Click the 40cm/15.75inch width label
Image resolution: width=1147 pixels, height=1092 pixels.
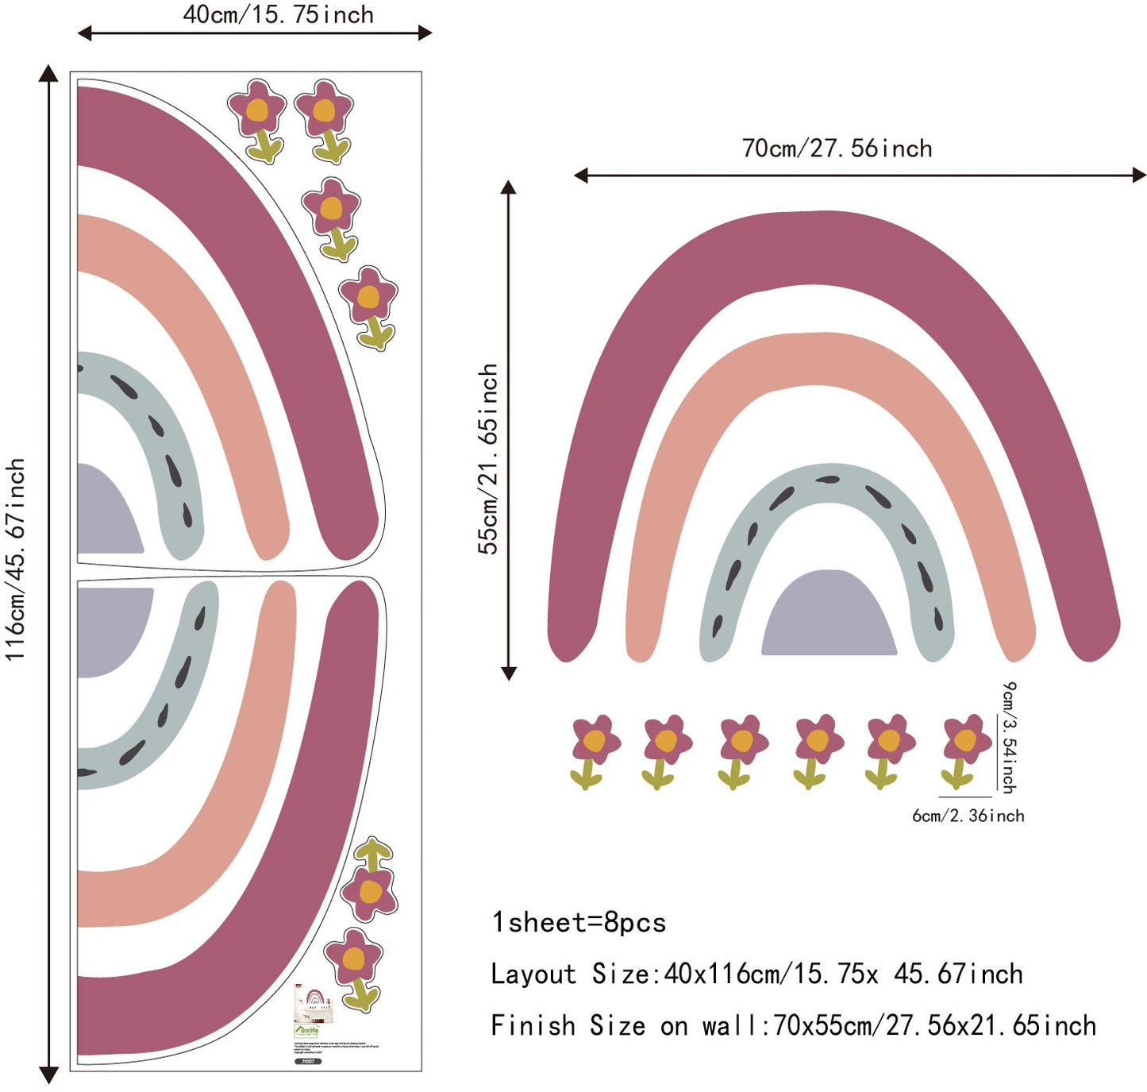point(278,14)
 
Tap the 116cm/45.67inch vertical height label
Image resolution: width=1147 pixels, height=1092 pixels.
point(16,559)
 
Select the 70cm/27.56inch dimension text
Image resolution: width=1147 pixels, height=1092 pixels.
point(837,149)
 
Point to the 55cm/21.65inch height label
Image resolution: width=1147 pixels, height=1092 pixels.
point(488,459)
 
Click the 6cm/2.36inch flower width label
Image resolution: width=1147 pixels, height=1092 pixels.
point(968,816)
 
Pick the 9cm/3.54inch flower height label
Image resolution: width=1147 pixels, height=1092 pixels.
point(1008,737)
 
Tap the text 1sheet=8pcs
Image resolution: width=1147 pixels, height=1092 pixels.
point(579,922)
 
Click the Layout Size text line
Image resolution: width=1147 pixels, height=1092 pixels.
point(756,974)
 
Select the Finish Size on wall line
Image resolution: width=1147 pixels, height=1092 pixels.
point(793,1025)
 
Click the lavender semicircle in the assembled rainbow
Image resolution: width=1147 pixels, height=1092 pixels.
point(829,615)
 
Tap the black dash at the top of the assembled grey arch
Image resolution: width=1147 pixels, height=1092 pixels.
point(827,480)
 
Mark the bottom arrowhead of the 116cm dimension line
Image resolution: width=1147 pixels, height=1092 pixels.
point(48,1075)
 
